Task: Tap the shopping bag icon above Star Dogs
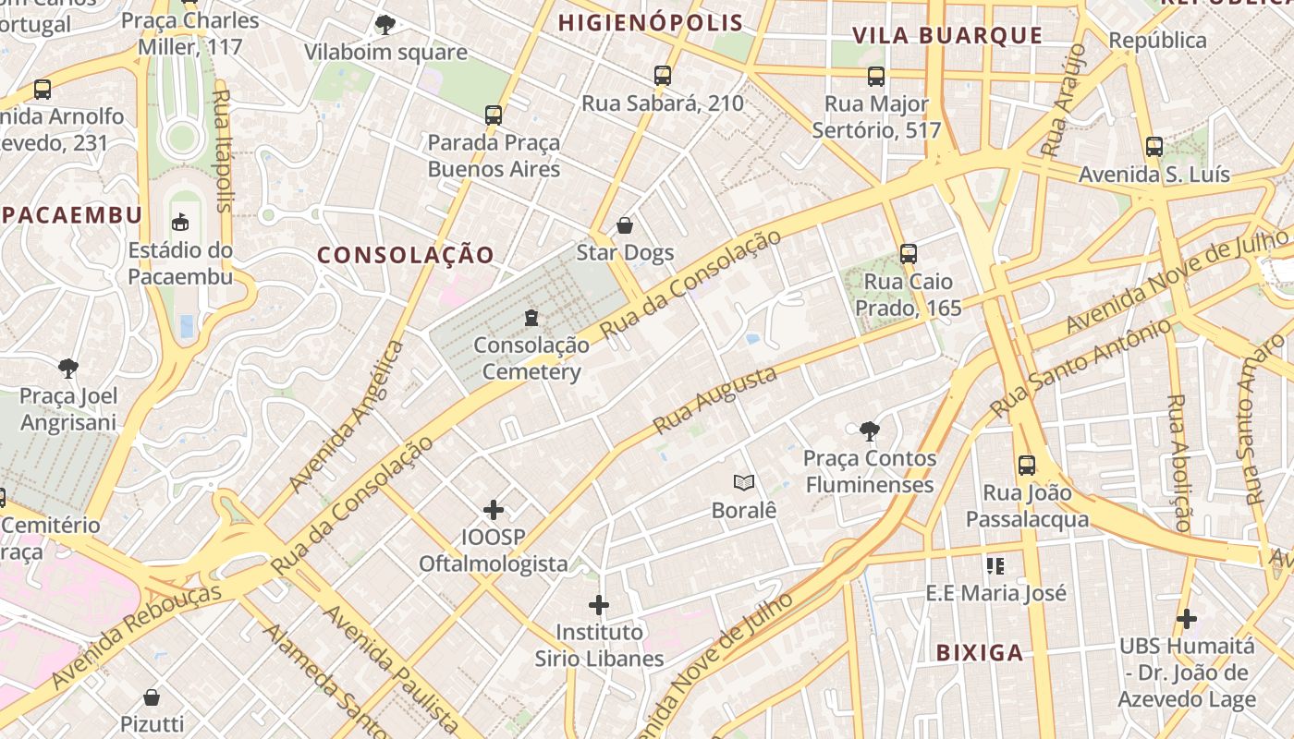point(625,225)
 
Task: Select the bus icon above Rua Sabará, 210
point(662,76)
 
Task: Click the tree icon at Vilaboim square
point(385,25)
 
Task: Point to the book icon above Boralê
point(743,482)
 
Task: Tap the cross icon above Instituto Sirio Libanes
point(599,606)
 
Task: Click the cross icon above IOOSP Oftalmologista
point(494,510)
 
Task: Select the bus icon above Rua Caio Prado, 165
point(908,254)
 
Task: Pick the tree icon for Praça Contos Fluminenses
point(869,430)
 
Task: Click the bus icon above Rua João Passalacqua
point(1026,466)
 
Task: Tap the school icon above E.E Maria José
point(995,565)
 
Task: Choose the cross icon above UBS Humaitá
point(1187,619)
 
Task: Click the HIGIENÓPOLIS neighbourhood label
point(651,23)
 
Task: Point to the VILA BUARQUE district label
point(947,36)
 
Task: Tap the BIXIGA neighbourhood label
point(980,653)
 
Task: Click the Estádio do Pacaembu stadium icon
point(180,223)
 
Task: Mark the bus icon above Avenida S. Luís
point(1154,147)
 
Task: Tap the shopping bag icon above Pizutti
point(152,697)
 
